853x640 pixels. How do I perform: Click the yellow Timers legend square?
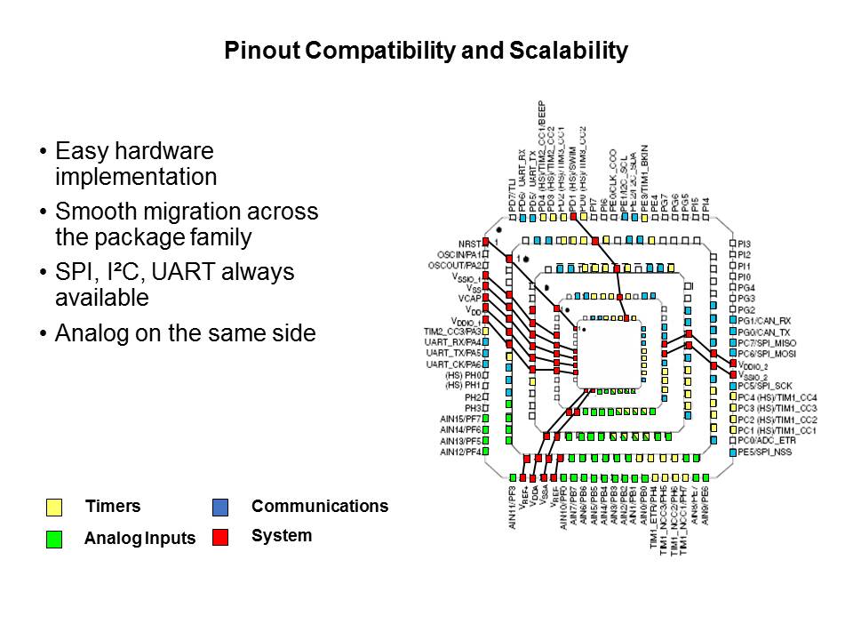pos(54,508)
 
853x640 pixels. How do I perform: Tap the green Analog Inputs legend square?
pos(54,539)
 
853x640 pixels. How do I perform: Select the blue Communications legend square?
pos(220,508)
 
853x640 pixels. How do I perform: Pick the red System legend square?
pos(220,537)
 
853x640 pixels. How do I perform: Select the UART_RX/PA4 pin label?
pos(453,342)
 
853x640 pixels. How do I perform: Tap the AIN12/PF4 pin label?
pos(460,452)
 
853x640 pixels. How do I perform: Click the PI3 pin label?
pos(745,244)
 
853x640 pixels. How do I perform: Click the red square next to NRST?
pos(486,243)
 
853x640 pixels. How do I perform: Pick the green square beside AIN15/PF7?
pos(486,419)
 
